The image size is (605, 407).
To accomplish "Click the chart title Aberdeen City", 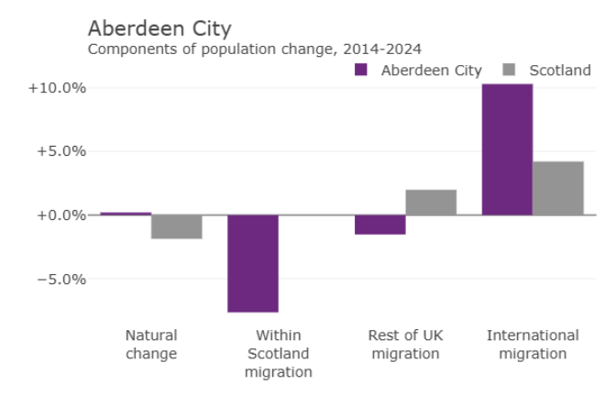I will coord(159,27).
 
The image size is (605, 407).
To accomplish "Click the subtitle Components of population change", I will coord(255,49).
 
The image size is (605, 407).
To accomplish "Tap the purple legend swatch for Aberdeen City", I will coord(360,70).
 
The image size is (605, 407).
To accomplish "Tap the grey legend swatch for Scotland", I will coord(511,70).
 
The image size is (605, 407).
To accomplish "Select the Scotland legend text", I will coord(560,71).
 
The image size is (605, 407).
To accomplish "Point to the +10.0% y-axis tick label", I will coord(57,88).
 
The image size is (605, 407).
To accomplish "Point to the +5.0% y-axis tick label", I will coord(60,151).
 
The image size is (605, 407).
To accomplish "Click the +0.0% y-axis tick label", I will coord(60,215).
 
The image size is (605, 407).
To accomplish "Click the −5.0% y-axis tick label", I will coord(60,279).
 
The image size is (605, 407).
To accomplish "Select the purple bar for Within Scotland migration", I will coord(253,264).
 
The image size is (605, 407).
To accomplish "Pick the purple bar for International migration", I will coord(507,149).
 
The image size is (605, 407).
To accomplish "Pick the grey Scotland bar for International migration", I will coord(558,188).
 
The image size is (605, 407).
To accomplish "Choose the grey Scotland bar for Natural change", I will coord(177,226).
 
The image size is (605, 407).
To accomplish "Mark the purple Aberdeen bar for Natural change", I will coord(126,214).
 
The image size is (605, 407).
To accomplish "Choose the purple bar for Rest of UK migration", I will coord(380,225).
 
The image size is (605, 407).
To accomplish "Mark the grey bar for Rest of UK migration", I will coord(431,203).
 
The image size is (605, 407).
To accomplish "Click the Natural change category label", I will coord(151,345).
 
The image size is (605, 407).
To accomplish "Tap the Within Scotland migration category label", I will coord(278,354).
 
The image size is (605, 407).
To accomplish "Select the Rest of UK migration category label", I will coord(405,345).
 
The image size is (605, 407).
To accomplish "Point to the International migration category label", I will coord(533,345).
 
